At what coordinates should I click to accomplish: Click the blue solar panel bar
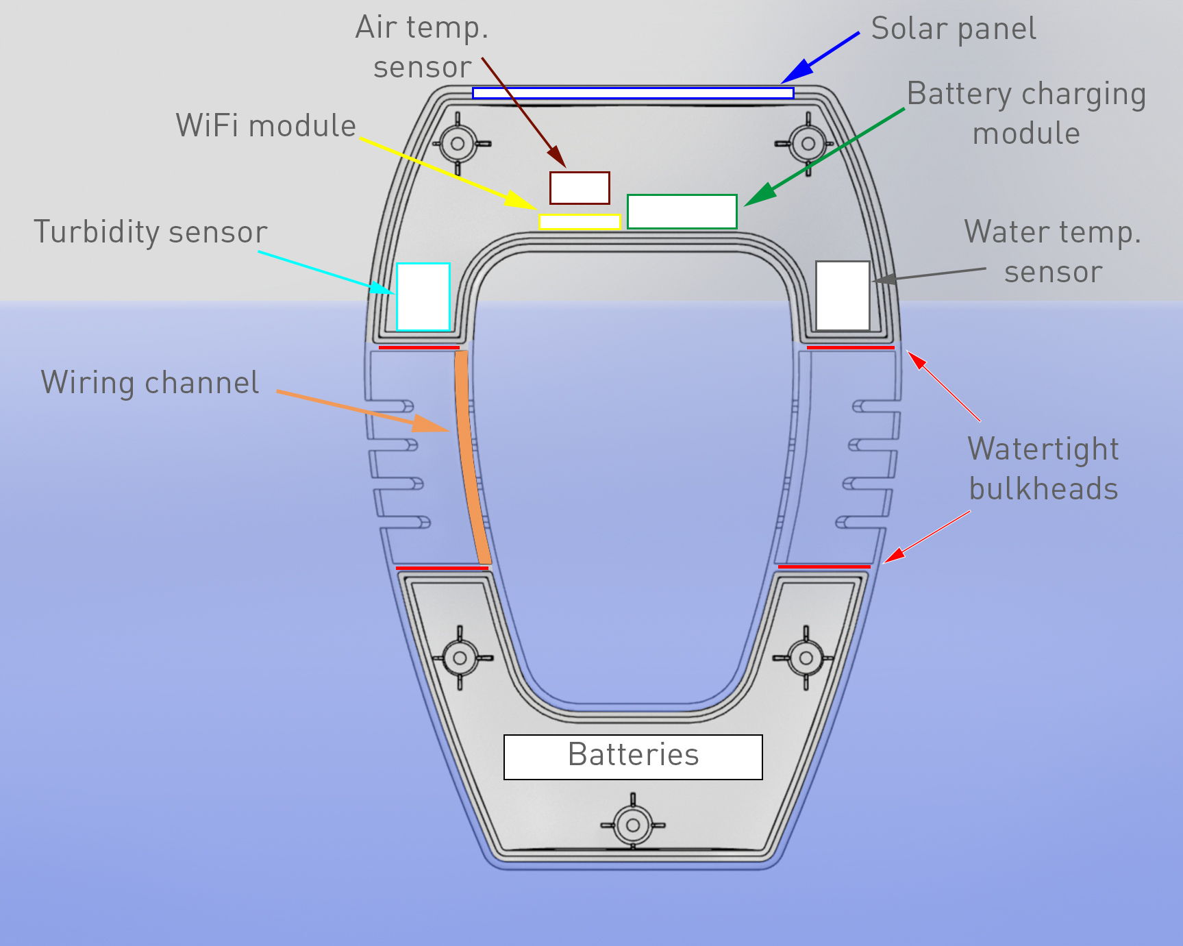click(632, 93)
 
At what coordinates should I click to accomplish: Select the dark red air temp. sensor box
click(580, 188)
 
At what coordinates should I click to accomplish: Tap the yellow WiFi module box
click(580, 222)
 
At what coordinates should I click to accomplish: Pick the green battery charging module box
click(682, 212)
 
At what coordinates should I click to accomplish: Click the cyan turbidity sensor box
click(423, 297)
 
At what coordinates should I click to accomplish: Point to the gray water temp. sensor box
click(842, 295)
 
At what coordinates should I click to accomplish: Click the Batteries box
click(633, 757)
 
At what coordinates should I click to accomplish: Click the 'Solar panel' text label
click(953, 29)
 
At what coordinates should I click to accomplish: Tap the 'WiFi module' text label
click(266, 126)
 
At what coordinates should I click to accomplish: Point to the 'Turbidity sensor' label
click(150, 232)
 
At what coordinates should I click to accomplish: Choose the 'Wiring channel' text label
click(150, 383)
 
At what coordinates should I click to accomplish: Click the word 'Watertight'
click(1043, 449)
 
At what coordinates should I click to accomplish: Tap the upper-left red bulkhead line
click(419, 348)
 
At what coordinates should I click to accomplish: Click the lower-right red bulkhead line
click(823, 567)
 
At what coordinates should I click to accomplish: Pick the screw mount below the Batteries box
click(632, 825)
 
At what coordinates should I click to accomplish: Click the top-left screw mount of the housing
click(458, 145)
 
